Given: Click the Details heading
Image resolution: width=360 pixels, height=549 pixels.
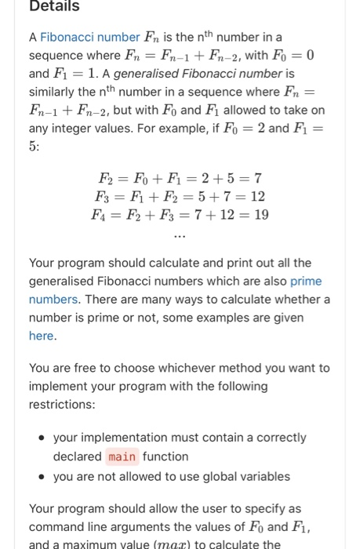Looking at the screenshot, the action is tap(54, 6).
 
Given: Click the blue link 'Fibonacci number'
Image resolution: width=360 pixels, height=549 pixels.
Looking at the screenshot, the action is tap(86, 37).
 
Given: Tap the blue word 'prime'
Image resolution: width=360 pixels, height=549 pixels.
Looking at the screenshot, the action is tap(306, 281).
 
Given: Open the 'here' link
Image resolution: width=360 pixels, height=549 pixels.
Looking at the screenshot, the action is tap(42, 336).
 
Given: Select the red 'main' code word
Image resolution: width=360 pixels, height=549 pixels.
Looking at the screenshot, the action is tap(122, 456).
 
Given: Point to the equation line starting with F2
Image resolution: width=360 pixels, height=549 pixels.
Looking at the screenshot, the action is tap(180, 178).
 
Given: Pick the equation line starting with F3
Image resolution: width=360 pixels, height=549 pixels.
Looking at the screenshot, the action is tap(180, 196).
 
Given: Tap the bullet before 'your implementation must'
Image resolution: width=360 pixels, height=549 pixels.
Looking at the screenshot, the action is tap(38, 438).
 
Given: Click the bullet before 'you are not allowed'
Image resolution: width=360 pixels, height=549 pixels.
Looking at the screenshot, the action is tap(38, 476).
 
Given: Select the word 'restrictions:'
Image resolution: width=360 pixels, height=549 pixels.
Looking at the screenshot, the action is tap(61, 404).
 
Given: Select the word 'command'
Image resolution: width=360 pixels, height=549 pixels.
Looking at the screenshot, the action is tap(59, 527).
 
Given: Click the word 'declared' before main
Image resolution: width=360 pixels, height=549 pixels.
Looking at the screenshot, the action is tap(77, 456).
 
